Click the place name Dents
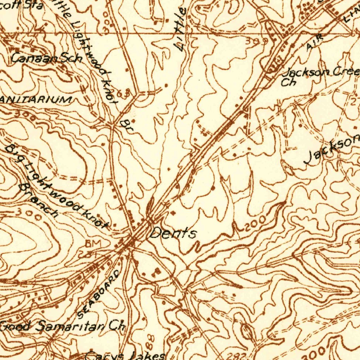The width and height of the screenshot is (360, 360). click(x=173, y=233)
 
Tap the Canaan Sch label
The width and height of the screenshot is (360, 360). click(x=46, y=58)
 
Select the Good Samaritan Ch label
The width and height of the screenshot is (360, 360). click(x=63, y=326)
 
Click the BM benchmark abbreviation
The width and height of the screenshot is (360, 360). click(x=93, y=243)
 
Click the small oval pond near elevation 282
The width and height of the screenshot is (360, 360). click(x=247, y=332)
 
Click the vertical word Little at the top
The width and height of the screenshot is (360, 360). click(x=181, y=30)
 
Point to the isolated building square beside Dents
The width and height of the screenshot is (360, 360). click(x=172, y=213)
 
